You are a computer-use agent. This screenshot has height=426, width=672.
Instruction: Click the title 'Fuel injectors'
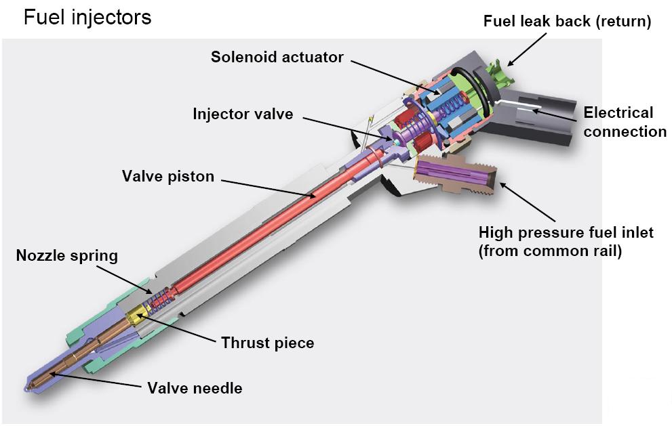tap(87, 17)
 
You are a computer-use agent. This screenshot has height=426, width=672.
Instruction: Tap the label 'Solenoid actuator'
tap(277, 57)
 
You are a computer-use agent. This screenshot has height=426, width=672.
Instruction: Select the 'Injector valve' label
tap(243, 114)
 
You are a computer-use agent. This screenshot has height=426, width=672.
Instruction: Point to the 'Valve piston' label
tap(168, 177)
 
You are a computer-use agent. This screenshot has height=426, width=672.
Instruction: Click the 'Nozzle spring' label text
tap(67, 256)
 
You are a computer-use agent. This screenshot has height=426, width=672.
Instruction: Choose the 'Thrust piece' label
tap(268, 343)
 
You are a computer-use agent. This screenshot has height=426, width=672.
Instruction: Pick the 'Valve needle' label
tap(195, 389)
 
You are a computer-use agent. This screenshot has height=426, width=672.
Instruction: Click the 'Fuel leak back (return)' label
tap(567, 22)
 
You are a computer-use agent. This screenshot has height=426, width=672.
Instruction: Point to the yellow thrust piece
tap(138, 314)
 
